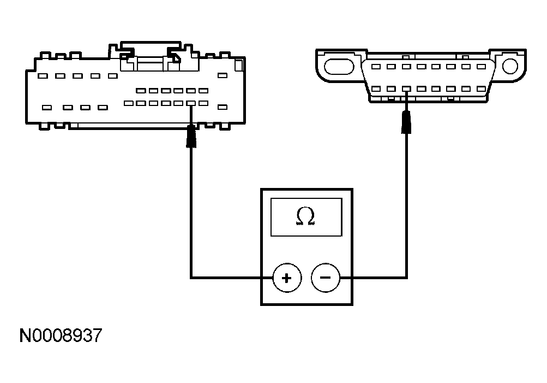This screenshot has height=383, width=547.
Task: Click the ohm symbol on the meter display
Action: [x=306, y=217]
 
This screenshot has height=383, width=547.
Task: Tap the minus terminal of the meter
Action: [x=325, y=278]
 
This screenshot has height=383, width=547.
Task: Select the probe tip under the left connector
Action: [x=191, y=137]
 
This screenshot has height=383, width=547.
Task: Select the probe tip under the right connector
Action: [x=406, y=122]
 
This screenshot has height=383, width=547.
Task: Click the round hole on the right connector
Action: [x=510, y=66]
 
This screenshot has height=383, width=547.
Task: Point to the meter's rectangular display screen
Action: [x=306, y=217]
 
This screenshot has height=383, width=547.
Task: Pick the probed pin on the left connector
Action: [x=191, y=103]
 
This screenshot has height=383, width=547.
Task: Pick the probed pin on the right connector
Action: [x=406, y=89]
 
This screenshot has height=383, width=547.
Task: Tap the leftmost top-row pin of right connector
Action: [x=376, y=67]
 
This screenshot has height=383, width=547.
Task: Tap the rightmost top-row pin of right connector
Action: [x=481, y=67]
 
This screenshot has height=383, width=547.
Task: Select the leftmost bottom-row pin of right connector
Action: [x=376, y=89]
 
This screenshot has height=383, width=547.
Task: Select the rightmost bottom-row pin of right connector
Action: [x=481, y=89]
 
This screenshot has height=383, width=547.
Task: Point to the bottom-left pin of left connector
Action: [x=47, y=108]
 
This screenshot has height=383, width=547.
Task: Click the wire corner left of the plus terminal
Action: [x=191, y=278]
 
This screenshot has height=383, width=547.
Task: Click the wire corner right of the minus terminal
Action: [x=406, y=278]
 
